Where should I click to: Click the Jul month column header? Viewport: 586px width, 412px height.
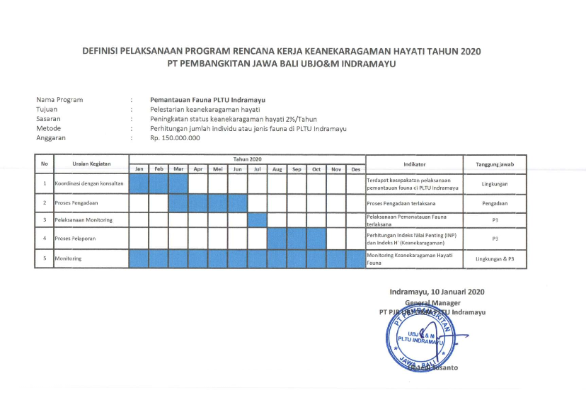pyautogui.click(x=257, y=169)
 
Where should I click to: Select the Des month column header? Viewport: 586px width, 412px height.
pyautogui.click(x=356, y=169)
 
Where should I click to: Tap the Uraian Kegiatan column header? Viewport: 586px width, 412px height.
pyautogui.click(x=91, y=164)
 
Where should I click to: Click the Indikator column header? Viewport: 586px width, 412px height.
pyautogui.click(x=414, y=164)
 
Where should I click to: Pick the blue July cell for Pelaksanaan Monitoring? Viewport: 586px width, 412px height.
pyautogui.click(x=257, y=220)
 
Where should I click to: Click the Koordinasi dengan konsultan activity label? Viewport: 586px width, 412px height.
pyautogui.click(x=89, y=184)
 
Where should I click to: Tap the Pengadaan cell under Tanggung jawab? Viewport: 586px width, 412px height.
pyautogui.click(x=495, y=203)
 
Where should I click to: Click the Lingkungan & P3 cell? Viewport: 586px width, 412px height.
pyautogui.click(x=495, y=259)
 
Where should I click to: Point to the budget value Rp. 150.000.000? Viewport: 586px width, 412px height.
pyautogui.click(x=176, y=138)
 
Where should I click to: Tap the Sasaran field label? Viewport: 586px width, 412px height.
pyautogui.click(x=49, y=119)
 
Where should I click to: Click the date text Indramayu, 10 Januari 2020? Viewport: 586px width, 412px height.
pyautogui.click(x=437, y=292)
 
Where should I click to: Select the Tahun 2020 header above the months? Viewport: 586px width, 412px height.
pyautogui.click(x=247, y=159)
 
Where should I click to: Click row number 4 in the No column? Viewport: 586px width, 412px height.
pyautogui.click(x=45, y=239)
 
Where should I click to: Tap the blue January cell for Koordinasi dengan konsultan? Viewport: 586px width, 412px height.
pyautogui.click(x=139, y=184)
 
